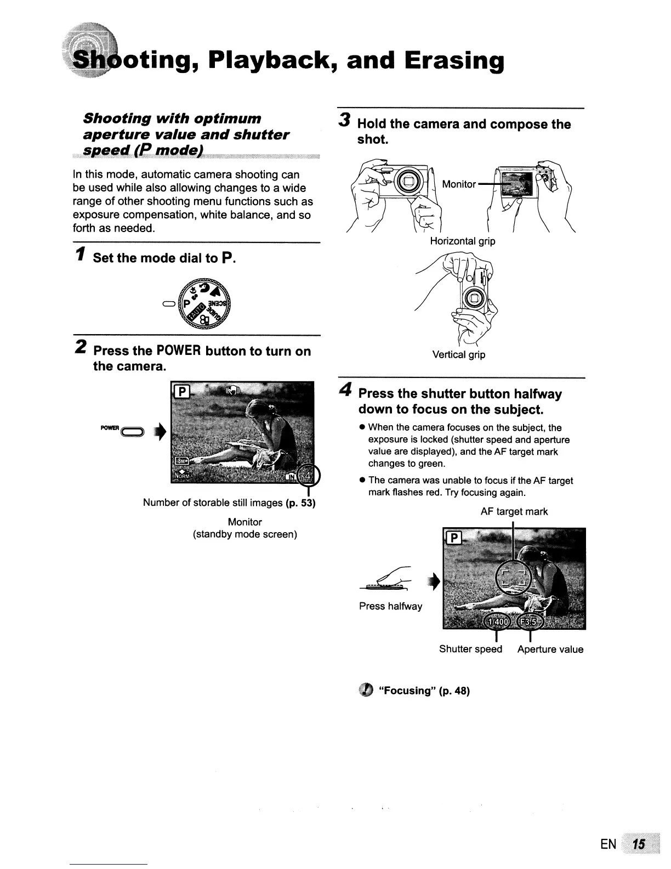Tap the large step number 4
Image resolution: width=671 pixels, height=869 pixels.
click(345, 390)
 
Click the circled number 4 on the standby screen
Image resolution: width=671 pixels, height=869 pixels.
click(310, 475)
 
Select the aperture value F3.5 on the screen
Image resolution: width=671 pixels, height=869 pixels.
click(530, 622)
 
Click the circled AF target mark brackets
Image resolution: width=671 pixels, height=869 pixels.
click(514, 577)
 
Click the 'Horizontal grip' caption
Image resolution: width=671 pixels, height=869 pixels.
click(462, 241)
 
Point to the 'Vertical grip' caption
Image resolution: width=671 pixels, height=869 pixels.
click(459, 354)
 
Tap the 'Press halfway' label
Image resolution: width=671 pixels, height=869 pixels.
click(390, 606)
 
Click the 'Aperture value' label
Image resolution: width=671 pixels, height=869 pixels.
click(550, 649)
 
